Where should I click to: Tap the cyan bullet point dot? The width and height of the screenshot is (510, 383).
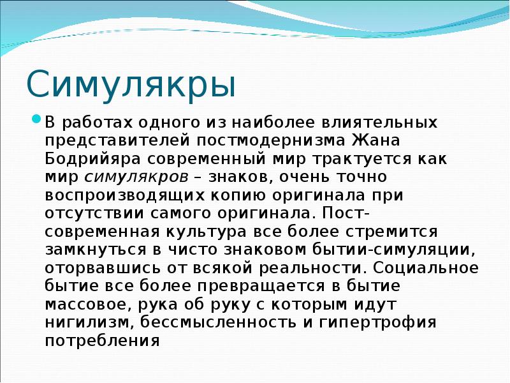36,118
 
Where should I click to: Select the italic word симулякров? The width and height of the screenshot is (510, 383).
136,177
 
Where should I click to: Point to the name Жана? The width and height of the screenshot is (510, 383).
376,141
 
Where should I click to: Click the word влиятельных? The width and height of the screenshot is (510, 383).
379,123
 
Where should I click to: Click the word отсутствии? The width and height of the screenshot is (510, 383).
94,214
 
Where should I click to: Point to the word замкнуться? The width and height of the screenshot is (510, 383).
96,250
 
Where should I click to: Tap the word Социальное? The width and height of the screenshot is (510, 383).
426,268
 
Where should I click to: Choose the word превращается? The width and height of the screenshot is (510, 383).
261,287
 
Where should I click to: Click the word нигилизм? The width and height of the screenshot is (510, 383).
88,323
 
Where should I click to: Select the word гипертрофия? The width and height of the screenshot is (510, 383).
377,323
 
